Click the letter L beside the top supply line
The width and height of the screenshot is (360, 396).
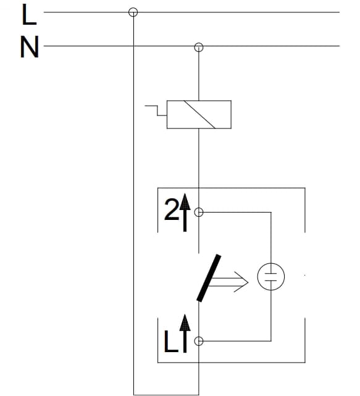click(29, 15)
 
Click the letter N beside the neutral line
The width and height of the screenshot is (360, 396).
click(30, 47)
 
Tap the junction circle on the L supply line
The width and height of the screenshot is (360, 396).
click(133, 12)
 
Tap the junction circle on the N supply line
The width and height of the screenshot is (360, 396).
click(199, 47)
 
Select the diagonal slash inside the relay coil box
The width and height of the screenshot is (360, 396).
click(199, 114)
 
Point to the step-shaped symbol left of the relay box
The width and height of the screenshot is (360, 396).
click(156, 111)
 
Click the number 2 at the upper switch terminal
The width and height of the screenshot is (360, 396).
click(172, 209)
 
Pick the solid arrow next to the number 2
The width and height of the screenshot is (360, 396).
click(185, 213)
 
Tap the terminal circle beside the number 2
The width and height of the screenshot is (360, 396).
click(199, 213)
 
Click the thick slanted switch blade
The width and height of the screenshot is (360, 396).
click(209, 278)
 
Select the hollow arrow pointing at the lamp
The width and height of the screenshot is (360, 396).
click(228, 282)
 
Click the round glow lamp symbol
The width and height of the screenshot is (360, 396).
click(271, 277)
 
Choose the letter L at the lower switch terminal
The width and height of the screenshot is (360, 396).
click(170, 342)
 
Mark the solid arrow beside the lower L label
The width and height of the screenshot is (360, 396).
click(185, 334)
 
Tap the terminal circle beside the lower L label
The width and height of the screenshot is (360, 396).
click(199, 341)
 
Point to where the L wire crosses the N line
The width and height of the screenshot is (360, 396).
click(133, 46)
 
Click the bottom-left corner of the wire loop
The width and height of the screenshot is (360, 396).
click(133, 395)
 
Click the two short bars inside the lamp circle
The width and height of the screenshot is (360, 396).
click(271, 277)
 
